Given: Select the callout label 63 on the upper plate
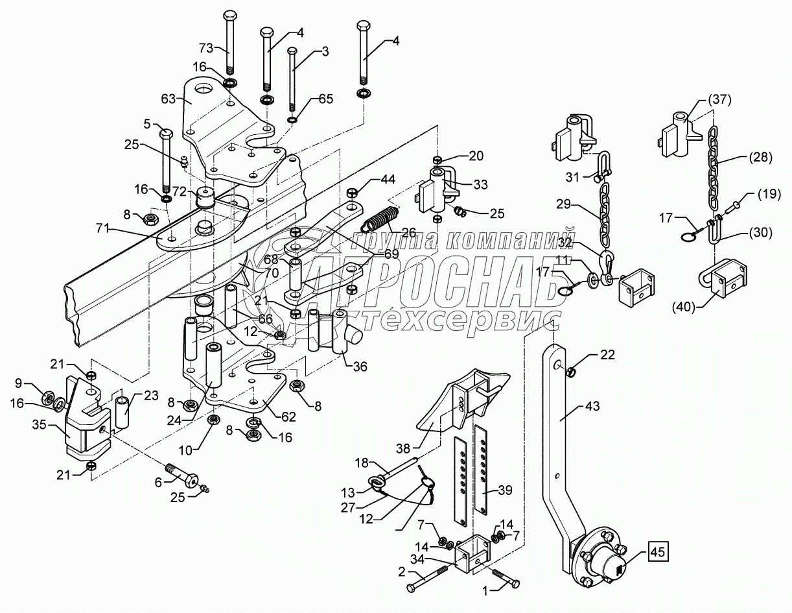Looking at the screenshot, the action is [169, 99].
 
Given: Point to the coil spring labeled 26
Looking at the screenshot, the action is [380, 219].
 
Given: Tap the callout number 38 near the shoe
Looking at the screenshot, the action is [403, 448].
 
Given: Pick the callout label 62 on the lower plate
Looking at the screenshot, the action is [288, 416].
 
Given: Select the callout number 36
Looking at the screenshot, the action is [360, 367].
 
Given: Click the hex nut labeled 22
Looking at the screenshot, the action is [570, 373].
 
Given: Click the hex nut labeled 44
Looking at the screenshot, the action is [351, 192].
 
